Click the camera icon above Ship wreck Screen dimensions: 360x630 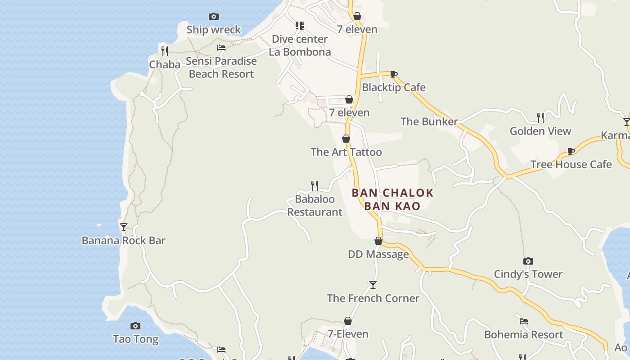(214, 17)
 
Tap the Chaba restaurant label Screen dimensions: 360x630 (165, 64)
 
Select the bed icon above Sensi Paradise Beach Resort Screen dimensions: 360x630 (221, 48)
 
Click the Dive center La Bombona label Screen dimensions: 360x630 (300, 45)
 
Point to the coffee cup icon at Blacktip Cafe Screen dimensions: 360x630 (394, 74)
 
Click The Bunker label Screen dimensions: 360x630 (429, 121)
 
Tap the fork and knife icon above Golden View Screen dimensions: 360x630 (540, 118)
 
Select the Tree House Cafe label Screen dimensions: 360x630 (571, 164)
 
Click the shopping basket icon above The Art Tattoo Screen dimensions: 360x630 (346, 139)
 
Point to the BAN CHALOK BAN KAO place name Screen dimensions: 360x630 (392, 199)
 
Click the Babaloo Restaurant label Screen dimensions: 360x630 (315, 205)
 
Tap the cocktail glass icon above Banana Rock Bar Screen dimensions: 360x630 (124, 227)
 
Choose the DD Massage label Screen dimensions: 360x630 (378, 254)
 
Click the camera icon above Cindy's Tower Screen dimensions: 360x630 (528, 261)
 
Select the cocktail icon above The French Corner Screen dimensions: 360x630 (373, 285)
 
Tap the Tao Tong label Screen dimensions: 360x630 (135, 339)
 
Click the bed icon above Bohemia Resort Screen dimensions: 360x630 (524, 321)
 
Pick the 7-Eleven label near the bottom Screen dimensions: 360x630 (348, 334)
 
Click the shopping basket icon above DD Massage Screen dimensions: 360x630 (378, 241)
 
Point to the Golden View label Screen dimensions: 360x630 (540, 131)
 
